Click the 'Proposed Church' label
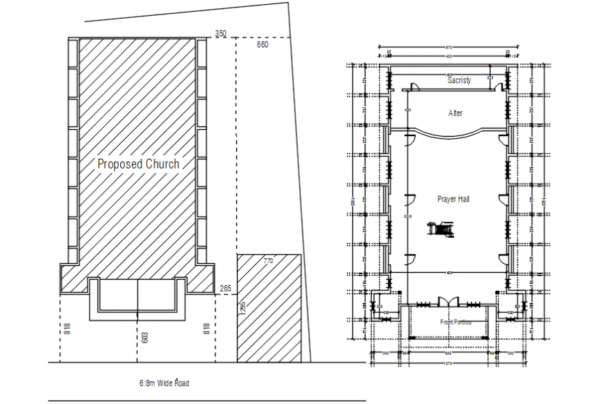(x=138, y=164)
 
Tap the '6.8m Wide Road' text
(x=164, y=383)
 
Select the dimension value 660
(x=263, y=45)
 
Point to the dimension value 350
(x=220, y=33)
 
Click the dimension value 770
(x=268, y=261)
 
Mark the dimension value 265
(x=225, y=289)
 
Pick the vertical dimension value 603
(x=144, y=337)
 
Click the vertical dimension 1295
(x=242, y=308)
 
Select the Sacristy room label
(x=459, y=81)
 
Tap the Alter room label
(x=455, y=113)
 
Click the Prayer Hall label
(x=454, y=199)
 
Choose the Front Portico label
(x=456, y=322)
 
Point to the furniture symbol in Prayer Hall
(x=440, y=229)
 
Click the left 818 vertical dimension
(x=66, y=329)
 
